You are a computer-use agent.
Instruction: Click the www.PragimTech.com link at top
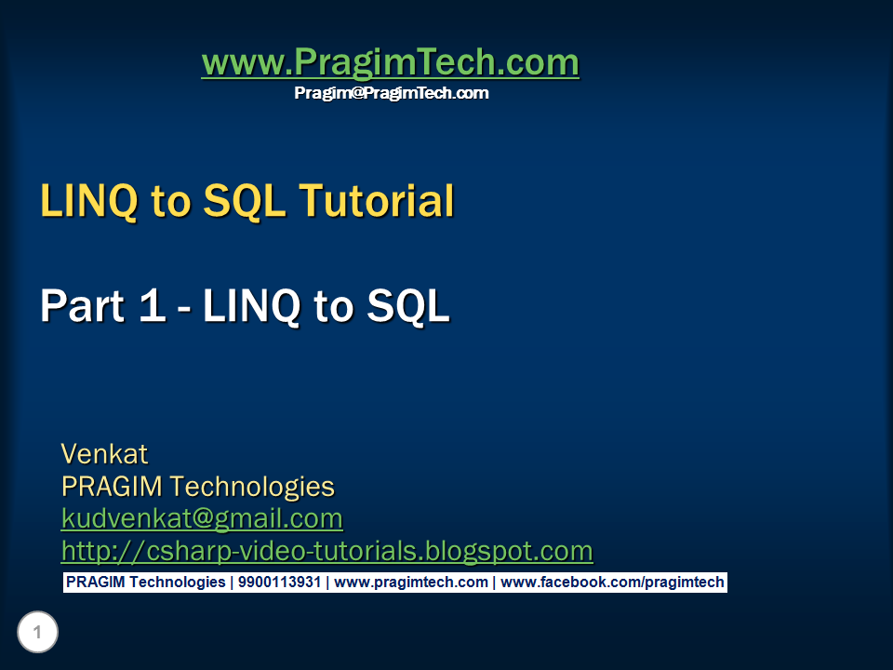(x=390, y=63)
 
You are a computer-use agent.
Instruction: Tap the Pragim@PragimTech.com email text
(x=391, y=93)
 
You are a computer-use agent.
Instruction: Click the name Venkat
(x=104, y=454)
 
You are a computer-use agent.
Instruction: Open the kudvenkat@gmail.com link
(x=202, y=518)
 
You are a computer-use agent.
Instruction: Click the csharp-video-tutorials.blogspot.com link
(x=327, y=551)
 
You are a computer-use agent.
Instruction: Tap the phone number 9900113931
(x=279, y=583)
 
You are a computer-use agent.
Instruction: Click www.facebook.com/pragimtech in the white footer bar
(x=611, y=583)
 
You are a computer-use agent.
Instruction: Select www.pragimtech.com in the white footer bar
(x=410, y=583)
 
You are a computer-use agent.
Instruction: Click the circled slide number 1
(x=37, y=634)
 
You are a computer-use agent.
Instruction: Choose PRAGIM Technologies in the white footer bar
(x=145, y=583)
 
